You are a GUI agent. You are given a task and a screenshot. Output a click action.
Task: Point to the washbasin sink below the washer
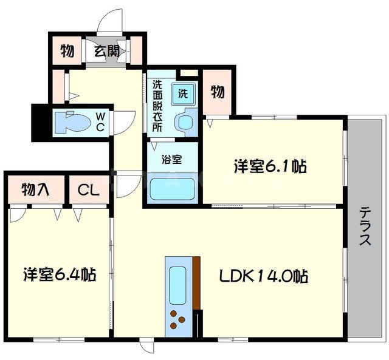[x=185, y=122]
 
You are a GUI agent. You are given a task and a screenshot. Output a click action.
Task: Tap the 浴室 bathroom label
[x=171, y=160]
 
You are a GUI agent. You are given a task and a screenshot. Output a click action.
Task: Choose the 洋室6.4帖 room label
[x=60, y=274]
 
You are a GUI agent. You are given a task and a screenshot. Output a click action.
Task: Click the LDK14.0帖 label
[x=264, y=277]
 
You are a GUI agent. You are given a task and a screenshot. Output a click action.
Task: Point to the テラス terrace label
[x=365, y=226]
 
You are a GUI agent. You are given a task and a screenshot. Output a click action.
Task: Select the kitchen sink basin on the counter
[x=178, y=284]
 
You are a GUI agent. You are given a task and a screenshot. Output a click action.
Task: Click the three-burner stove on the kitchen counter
[x=177, y=318]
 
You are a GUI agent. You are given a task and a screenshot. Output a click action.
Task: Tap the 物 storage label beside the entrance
[x=67, y=52]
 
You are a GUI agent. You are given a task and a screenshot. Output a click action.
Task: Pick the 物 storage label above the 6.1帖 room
[x=218, y=92]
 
